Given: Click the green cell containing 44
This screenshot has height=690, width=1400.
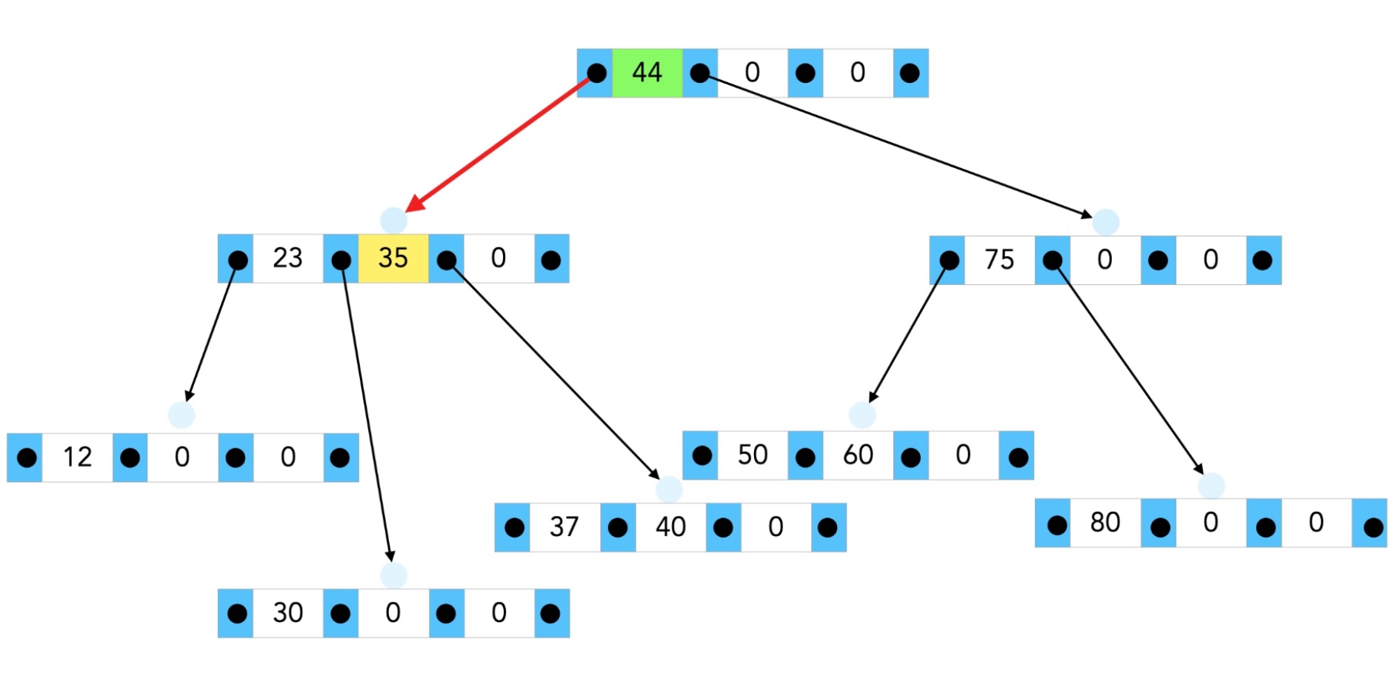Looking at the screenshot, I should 647,73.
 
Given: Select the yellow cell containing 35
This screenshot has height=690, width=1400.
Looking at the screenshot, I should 393,258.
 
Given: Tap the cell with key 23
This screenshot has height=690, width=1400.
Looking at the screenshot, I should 287,258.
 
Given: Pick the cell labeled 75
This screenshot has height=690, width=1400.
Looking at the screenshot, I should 999,260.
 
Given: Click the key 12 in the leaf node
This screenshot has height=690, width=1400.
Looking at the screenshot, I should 77,458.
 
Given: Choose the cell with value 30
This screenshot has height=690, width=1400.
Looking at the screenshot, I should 287,613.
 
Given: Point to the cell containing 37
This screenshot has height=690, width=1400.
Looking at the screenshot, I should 564,527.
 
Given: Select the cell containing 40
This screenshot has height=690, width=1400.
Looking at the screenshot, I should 670,527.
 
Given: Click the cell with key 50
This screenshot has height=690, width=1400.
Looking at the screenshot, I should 753,455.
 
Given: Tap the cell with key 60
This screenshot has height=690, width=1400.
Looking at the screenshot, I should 858,455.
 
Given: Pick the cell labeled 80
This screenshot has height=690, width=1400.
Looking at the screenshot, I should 1105,523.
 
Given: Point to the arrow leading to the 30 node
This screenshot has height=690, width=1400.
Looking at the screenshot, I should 366,415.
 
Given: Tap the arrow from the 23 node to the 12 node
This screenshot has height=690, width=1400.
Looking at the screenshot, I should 211,333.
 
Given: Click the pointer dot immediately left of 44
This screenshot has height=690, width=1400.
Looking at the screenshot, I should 596,73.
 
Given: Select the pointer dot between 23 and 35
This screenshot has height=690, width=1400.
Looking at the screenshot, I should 341,260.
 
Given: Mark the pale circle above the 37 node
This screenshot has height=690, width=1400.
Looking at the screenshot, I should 669,489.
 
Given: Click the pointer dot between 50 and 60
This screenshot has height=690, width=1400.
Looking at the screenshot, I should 805,457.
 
